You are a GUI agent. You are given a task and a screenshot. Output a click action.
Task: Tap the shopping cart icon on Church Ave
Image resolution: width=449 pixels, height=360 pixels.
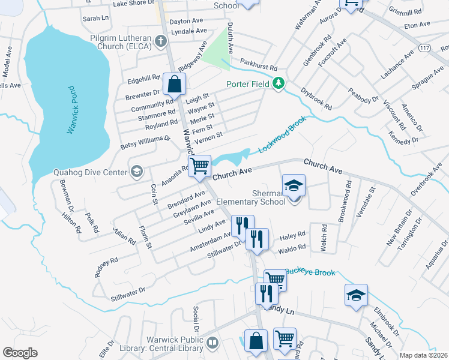pos(199,165)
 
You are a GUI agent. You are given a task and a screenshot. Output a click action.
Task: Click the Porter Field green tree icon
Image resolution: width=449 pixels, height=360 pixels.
pos(277,83)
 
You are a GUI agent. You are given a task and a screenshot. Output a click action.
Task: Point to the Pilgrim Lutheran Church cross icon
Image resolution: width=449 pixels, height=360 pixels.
pos(160,41)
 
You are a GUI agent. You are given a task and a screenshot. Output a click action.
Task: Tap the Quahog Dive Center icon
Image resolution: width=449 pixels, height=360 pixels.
pos(137,173)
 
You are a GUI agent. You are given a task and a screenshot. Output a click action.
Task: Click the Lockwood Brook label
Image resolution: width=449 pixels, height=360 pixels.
pos(282,134)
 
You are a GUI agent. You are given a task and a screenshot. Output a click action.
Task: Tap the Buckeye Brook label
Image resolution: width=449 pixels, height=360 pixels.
pos(310,272)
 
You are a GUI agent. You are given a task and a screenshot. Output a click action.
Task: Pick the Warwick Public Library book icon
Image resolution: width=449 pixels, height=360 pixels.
pos(212,343)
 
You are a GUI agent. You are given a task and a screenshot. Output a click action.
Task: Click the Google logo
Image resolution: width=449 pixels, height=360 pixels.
pos(20,353)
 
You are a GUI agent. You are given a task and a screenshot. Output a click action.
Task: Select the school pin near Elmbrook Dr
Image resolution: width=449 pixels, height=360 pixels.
pos(356,295)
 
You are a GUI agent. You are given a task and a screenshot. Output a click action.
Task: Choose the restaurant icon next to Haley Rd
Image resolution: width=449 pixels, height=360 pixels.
pos(258,239)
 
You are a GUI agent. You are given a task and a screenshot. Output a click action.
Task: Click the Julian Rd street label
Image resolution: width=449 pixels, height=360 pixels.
pos(123,236)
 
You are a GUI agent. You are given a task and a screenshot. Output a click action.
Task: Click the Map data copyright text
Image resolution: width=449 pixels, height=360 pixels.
pos(423,355)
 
